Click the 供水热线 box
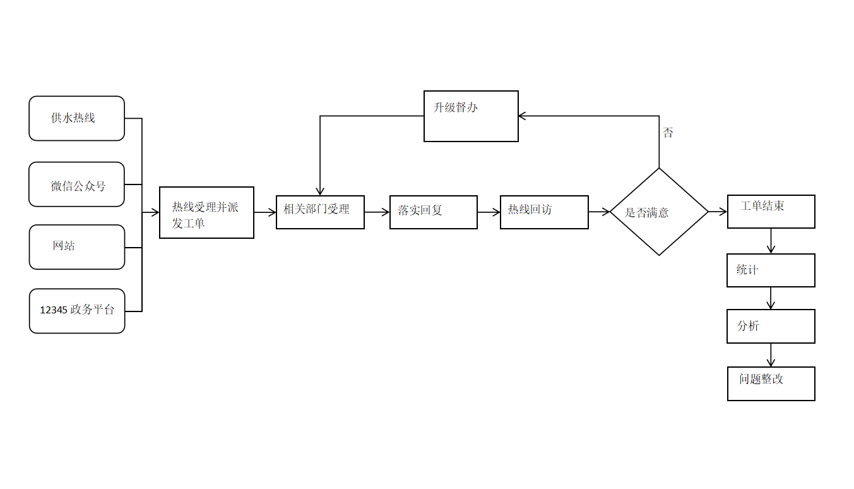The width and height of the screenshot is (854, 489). pyautogui.click(x=76, y=118)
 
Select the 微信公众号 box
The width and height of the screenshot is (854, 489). pyautogui.click(x=76, y=184)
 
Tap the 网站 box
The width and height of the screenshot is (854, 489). pyautogui.click(x=76, y=247)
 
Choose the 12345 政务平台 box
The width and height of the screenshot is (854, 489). pyautogui.click(x=77, y=311)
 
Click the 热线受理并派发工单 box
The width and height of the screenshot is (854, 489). pyautogui.click(x=206, y=212)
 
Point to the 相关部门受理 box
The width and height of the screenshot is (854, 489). pyautogui.click(x=320, y=212)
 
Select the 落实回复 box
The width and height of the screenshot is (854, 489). pyautogui.click(x=433, y=212)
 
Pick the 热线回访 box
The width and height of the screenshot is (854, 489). pyautogui.click(x=544, y=212)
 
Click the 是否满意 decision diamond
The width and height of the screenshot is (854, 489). pyautogui.click(x=659, y=212)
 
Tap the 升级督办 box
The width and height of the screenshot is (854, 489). pyautogui.click(x=471, y=116)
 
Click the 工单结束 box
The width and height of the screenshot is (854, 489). pyautogui.click(x=771, y=211)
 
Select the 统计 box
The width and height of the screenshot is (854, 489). pyautogui.click(x=771, y=270)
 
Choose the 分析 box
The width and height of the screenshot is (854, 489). pyautogui.click(x=771, y=326)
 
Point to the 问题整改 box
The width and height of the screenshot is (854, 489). pyautogui.click(x=771, y=383)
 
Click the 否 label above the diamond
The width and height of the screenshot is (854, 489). pyautogui.click(x=668, y=133)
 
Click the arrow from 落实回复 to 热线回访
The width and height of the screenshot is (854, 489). pyautogui.click(x=489, y=212)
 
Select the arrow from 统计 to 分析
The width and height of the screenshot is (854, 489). pyautogui.click(x=771, y=298)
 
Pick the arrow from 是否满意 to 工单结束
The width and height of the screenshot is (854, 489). pyautogui.click(x=718, y=212)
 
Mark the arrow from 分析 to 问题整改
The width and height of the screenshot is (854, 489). pyautogui.click(x=771, y=355)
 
